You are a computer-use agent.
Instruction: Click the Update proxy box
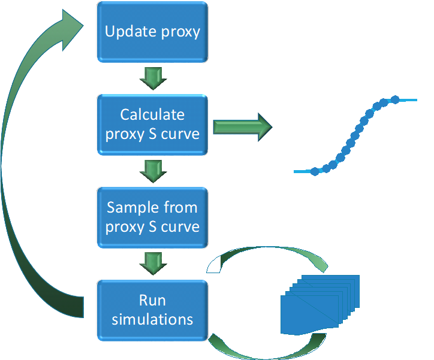(x=152, y=32)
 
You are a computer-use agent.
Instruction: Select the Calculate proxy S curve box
(x=152, y=125)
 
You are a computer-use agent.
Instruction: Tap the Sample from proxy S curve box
(x=152, y=217)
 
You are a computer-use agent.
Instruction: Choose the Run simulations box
(x=152, y=310)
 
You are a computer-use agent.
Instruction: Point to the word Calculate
(x=152, y=114)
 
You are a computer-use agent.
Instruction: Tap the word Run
(x=152, y=301)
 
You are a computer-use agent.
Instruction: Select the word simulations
(x=152, y=319)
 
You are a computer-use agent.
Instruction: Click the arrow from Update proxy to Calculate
(x=153, y=78)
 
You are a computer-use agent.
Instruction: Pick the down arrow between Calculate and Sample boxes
(x=153, y=171)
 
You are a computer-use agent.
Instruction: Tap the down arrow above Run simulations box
(x=153, y=264)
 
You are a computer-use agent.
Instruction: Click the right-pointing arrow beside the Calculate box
(x=243, y=127)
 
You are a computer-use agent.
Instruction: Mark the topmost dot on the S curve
(x=395, y=99)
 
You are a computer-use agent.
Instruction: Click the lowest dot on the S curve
(x=315, y=171)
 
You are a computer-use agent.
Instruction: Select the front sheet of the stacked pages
(x=309, y=314)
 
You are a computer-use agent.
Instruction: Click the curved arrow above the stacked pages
(x=267, y=249)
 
